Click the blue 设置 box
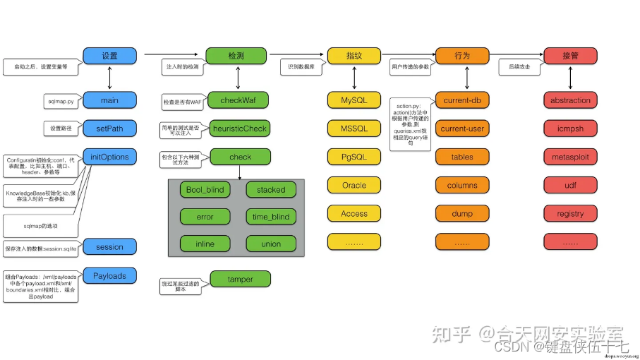(x=109, y=55)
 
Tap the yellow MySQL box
(x=354, y=100)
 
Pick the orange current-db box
(x=462, y=100)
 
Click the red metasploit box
(x=570, y=157)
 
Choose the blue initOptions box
(x=109, y=157)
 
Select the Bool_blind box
(x=205, y=189)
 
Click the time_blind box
(x=271, y=217)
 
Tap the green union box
(x=271, y=244)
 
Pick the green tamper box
(x=240, y=279)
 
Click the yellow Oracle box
(x=354, y=185)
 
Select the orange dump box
(x=462, y=213)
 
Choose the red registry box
(x=570, y=213)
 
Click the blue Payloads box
(x=109, y=275)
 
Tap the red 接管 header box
(x=570, y=55)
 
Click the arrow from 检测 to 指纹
(x=296, y=54)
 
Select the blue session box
(x=109, y=247)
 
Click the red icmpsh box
(x=570, y=128)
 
